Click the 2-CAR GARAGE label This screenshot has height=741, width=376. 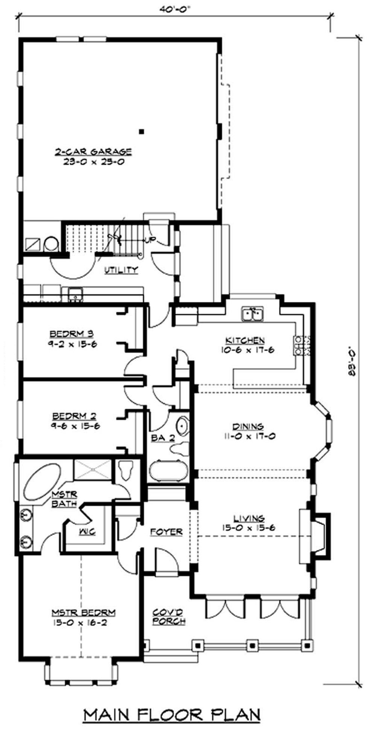pyautogui.click(x=93, y=152)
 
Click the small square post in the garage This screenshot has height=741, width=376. pyautogui.click(x=142, y=131)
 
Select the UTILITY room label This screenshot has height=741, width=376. pyautogui.click(x=121, y=270)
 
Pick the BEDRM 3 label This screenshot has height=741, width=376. pyautogui.click(x=71, y=333)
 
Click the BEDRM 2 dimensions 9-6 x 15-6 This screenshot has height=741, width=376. pyautogui.click(x=76, y=426)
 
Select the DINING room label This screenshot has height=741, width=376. pyautogui.click(x=248, y=426)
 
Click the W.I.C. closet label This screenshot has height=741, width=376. pyautogui.click(x=87, y=532)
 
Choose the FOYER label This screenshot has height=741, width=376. pyautogui.click(x=166, y=532)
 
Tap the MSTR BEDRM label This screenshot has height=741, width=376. pyautogui.click(x=83, y=613)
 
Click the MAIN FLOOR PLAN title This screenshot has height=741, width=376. pyautogui.click(x=171, y=714)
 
